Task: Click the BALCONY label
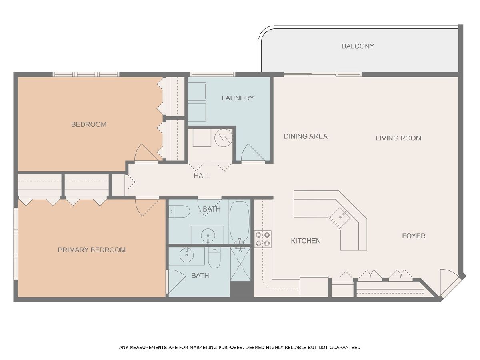[358, 46]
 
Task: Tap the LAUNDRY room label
[238, 98]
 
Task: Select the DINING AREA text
[306, 136]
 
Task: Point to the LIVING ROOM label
[398, 138]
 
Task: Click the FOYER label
[414, 236]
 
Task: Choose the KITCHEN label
[306, 241]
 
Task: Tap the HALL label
[202, 176]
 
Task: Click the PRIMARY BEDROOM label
[92, 250]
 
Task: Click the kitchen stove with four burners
[263, 239]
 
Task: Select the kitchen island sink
[340, 217]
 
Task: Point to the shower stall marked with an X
[240, 264]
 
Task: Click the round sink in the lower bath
[186, 255]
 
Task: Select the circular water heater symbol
[223, 138]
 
